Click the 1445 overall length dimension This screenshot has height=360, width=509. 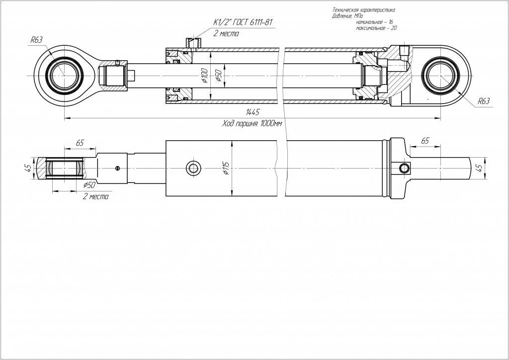pos(253,112)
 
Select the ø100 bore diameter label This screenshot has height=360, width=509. pos(204,76)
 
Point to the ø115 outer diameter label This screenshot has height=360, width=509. pos(226,168)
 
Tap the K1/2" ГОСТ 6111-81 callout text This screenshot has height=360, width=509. pos(243,22)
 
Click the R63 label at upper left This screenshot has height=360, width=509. pos(36,40)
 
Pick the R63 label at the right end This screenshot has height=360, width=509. pos(483,101)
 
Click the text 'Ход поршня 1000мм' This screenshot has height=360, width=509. pos(252,124)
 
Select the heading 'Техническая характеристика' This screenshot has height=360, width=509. pos(363,10)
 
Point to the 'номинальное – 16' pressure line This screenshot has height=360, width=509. pos(374,22)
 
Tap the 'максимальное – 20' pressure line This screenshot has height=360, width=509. pos(376,28)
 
